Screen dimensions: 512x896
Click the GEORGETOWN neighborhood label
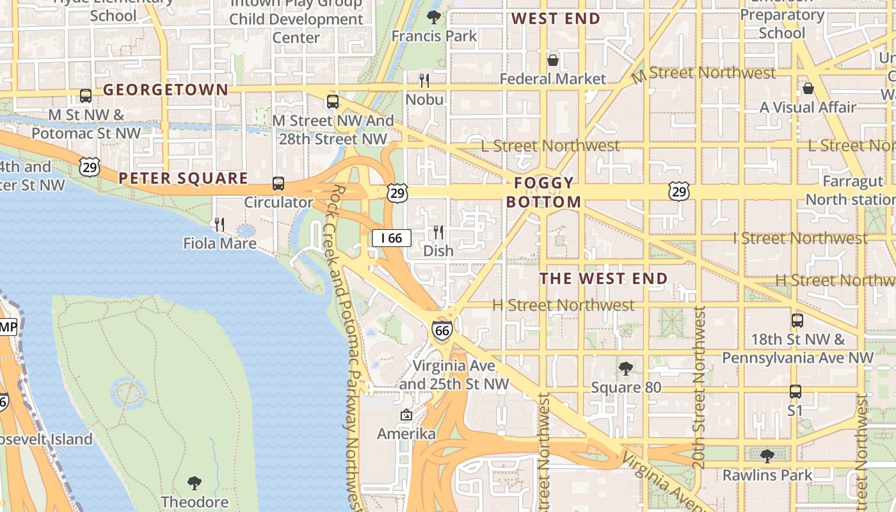[x=166, y=90]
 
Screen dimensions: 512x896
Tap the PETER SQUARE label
[x=183, y=178]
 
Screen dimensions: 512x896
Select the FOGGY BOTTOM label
[x=544, y=193]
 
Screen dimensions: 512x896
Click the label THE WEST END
[x=604, y=279]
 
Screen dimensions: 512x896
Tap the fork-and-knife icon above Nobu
[x=424, y=81]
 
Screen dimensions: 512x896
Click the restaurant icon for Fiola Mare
[x=220, y=225]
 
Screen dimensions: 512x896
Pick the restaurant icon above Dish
[x=438, y=232]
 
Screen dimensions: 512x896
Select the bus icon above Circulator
[x=278, y=184]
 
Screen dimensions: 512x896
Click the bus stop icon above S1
[x=795, y=391]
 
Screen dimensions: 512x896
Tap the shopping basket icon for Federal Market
[x=553, y=60]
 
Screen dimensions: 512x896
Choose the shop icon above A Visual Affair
[x=808, y=88]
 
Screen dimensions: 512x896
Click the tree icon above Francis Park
[x=434, y=17]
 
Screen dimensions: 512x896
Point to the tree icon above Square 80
[x=626, y=369]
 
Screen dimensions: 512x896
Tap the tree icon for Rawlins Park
[x=767, y=456]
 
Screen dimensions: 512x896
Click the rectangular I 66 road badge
[x=391, y=239]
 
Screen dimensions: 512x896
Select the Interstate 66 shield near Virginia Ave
[x=442, y=330]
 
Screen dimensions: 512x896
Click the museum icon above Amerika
[x=406, y=415]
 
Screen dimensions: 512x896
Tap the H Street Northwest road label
[x=563, y=305]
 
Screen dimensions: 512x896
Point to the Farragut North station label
[x=844, y=190]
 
